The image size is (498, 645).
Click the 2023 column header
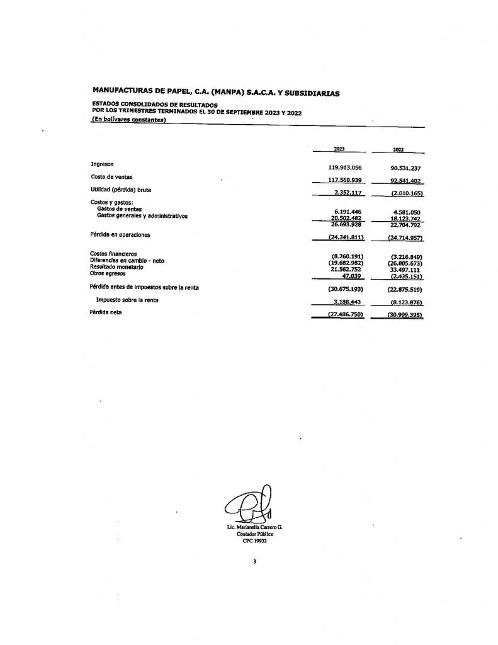[x=339, y=150]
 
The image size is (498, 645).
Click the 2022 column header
[x=398, y=151]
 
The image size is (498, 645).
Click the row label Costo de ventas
[x=111, y=177]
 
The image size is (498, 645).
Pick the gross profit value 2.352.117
[x=345, y=193]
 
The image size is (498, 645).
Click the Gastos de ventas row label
[x=119, y=208]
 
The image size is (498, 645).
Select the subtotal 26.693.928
[x=345, y=224]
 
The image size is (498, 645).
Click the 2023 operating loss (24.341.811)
[x=343, y=237]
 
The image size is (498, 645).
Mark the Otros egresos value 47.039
[x=349, y=275]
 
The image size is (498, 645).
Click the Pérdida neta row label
[x=106, y=312]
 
